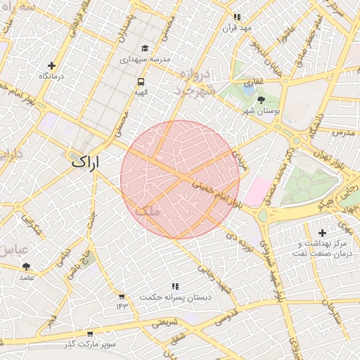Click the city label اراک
point(85,162)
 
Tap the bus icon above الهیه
point(141,82)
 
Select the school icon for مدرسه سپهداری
point(145,49)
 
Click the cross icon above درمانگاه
point(51,64)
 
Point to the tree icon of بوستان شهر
point(262,100)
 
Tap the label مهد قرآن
point(236,28)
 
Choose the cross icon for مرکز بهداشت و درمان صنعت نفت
point(322,233)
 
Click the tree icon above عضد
point(27,266)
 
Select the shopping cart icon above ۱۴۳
point(122,296)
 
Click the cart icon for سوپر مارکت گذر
point(89,334)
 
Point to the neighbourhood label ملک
point(146,210)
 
